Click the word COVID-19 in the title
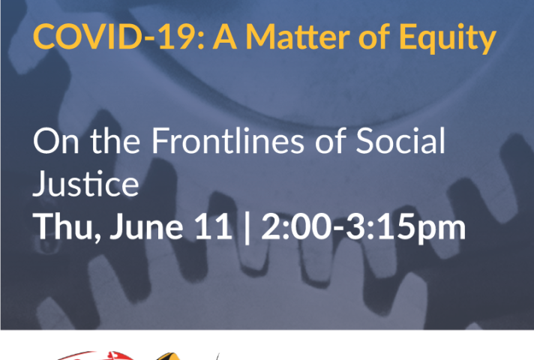tap(114, 37)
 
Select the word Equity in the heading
tap(448, 38)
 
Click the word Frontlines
tap(227, 140)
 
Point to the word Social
tap(400, 140)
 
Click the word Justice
tap(85, 183)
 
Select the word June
tap(146, 226)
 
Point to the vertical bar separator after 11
tap(247, 227)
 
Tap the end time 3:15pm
tap(406, 227)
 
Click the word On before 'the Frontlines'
tap(56, 141)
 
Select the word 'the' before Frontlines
tap(115, 140)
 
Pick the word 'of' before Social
tap(330, 140)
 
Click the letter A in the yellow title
tap(225, 37)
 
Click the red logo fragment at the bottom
tap(95, 355)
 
